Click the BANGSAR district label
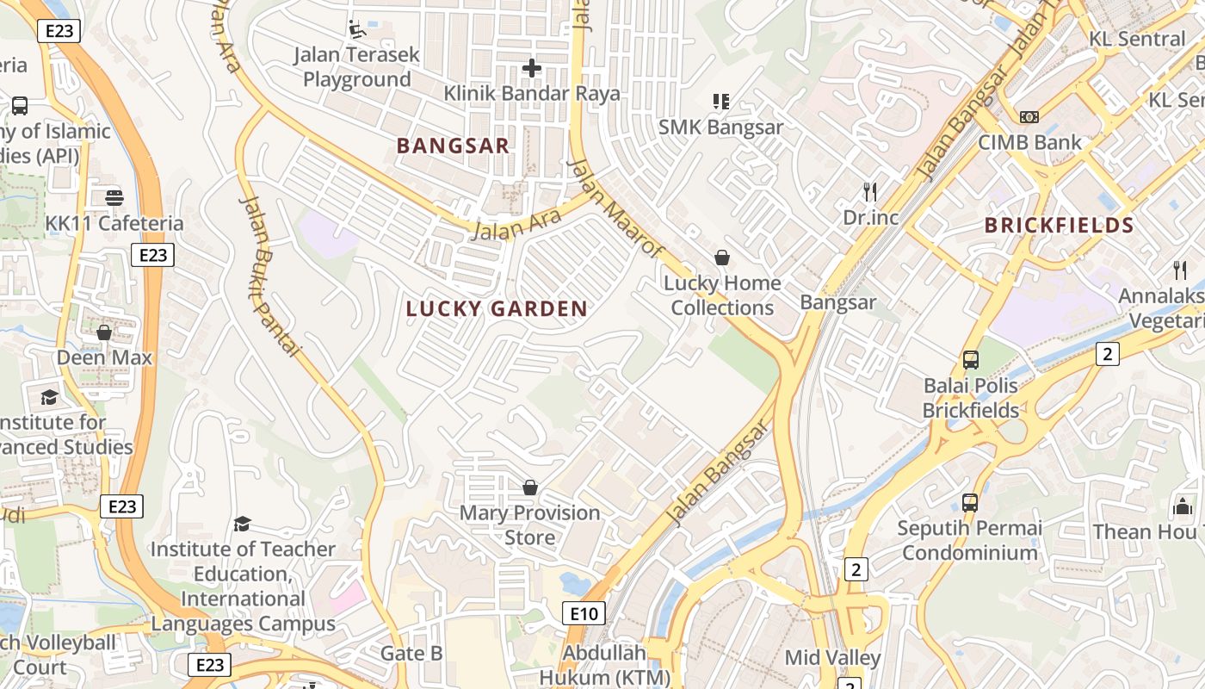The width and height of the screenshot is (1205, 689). pyautogui.click(x=453, y=146)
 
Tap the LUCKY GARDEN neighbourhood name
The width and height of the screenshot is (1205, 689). pyautogui.click(x=497, y=309)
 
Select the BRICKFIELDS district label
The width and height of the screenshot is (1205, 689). pyautogui.click(x=1059, y=226)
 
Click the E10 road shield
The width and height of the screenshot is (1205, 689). pyautogui.click(x=584, y=613)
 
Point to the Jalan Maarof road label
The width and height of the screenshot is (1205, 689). pyautogui.click(x=617, y=208)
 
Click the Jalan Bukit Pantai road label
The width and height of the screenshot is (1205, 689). pyautogui.click(x=270, y=276)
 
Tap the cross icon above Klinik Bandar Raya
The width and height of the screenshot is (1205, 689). pyautogui.click(x=532, y=67)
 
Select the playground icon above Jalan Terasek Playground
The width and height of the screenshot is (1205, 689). pyautogui.click(x=356, y=29)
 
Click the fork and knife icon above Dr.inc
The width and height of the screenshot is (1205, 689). pyautogui.click(x=870, y=191)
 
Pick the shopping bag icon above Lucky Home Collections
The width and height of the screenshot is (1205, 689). pyautogui.click(x=721, y=258)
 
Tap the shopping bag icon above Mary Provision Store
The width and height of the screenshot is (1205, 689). pyautogui.click(x=530, y=487)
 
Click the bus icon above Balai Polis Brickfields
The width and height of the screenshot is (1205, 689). pyautogui.click(x=970, y=359)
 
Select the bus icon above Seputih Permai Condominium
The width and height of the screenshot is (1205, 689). pyautogui.click(x=969, y=502)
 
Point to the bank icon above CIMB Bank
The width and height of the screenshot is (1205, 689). pyautogui.click(x=1029, y=117)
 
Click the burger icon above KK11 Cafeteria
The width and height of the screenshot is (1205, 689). pyautogui.click(x=114, y=198)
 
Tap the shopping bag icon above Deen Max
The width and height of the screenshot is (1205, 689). pyautogui.click(x=104, y=332)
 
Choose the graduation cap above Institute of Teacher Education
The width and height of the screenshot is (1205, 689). pyautogui.click(x=243, y=524)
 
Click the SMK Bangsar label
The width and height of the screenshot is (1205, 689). pyautogui.click(x=720, y=127)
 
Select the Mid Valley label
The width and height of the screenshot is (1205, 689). pyautogui.click(x=832, y=658)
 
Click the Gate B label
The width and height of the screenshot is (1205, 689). pyautogui.click(x=411, y=654)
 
